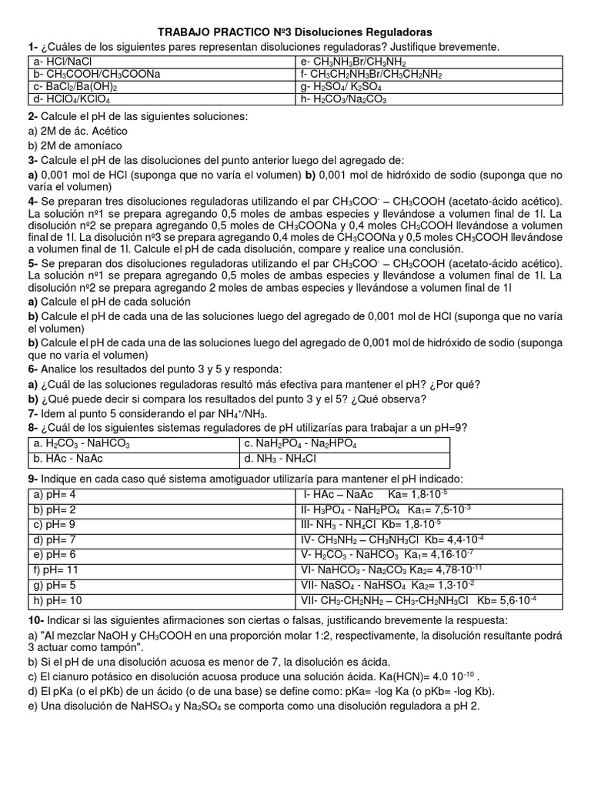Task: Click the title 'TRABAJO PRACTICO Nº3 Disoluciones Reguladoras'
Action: pos(295,32)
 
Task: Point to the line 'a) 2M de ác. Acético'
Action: pos(78,131)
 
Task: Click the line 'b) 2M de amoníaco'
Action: pos(73,145)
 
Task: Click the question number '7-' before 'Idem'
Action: pos(33,414)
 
